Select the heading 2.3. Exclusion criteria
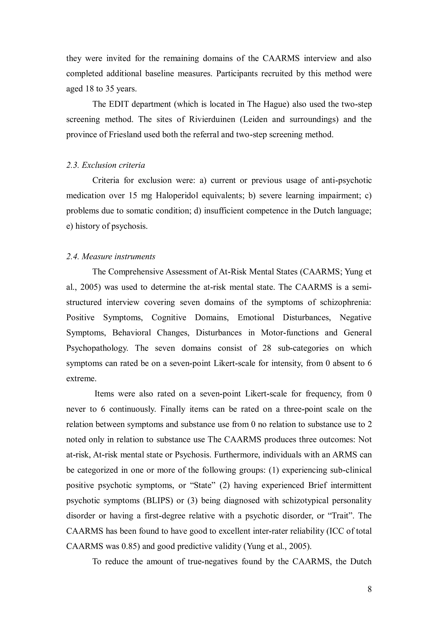105,165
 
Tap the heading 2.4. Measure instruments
111,256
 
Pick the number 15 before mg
133,196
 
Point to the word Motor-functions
290,333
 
